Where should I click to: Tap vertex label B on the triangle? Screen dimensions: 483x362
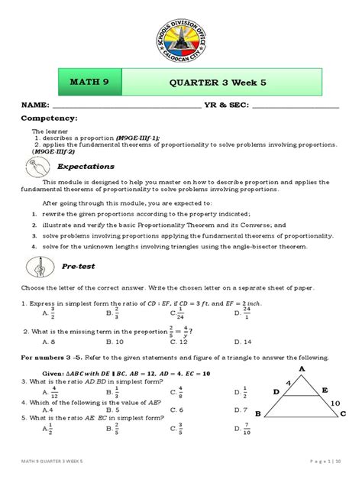pyautogui.click(x=258, y=413)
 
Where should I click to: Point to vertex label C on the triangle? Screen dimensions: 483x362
pyautogui.click(x=343, y=413)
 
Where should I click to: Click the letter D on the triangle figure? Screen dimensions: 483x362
pyautogui.click(x=276, y=391)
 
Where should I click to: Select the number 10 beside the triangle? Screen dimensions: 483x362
pyautogui.click(x=336, y=400)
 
